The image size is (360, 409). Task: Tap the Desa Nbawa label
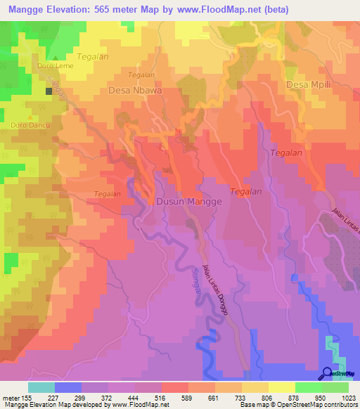click(x=135, y=91)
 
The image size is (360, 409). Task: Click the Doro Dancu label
click(x=25, y=126)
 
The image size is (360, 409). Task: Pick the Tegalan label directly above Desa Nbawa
click(x=141, y=74)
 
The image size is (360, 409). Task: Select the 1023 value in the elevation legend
click(x=340, y=398)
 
